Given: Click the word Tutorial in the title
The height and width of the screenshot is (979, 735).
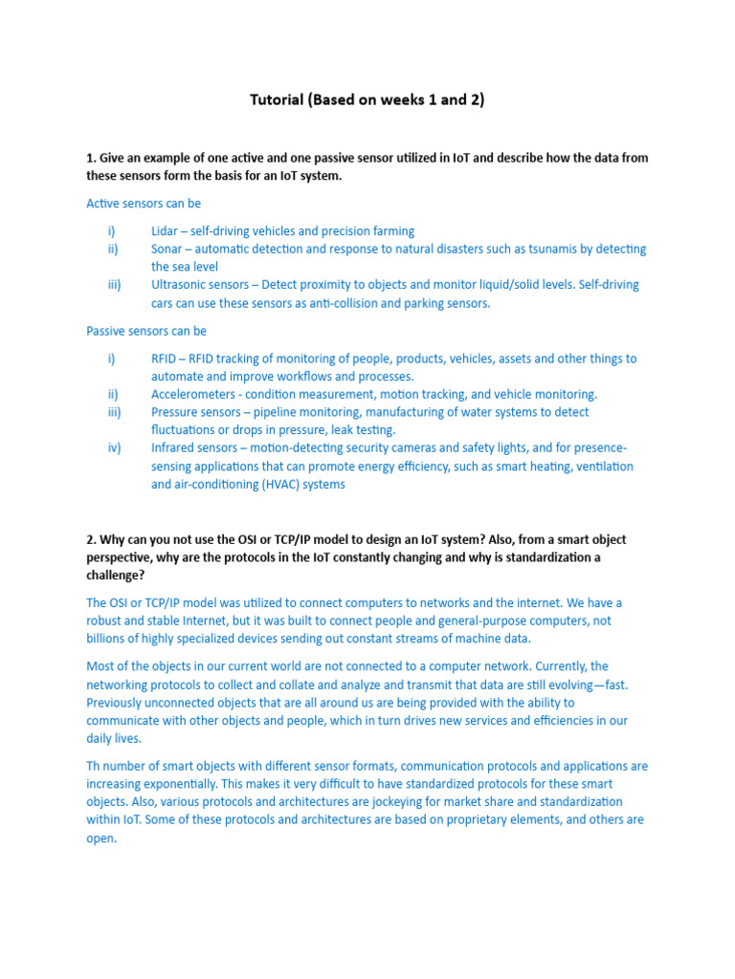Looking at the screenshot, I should [277, 99].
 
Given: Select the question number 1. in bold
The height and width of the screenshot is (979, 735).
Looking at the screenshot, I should [91, 158].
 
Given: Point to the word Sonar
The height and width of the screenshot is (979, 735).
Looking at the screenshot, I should [168, 249].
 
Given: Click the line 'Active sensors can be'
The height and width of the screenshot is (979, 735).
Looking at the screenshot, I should [144, 204].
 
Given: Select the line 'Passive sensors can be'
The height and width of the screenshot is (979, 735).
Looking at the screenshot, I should [146, 331].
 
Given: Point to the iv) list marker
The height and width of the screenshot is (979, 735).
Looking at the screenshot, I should [114, 448].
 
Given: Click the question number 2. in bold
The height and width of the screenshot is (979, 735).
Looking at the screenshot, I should [91, 539].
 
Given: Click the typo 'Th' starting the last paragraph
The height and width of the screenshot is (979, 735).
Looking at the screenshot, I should [94, 766].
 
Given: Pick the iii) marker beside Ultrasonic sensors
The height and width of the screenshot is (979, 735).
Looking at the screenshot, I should [114, 285].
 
